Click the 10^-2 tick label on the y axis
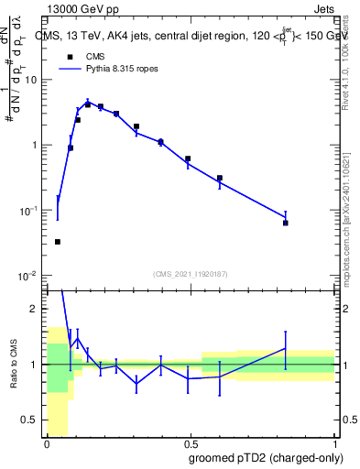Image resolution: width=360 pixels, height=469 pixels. [30, 276]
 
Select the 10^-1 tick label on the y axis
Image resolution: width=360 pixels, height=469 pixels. [30, 211]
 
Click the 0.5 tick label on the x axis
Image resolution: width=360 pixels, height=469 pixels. [190, 443]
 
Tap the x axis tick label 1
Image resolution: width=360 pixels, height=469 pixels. [335, 443]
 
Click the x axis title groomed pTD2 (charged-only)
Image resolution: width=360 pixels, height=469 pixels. [272, 458]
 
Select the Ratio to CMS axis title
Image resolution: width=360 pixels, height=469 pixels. [12, 365]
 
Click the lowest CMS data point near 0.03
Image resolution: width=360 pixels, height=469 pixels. [58, 242]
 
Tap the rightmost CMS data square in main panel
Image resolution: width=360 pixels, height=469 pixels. [286, 223]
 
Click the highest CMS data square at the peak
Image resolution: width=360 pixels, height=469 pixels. [88, 104]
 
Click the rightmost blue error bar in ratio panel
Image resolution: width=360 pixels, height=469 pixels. [286, 349]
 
